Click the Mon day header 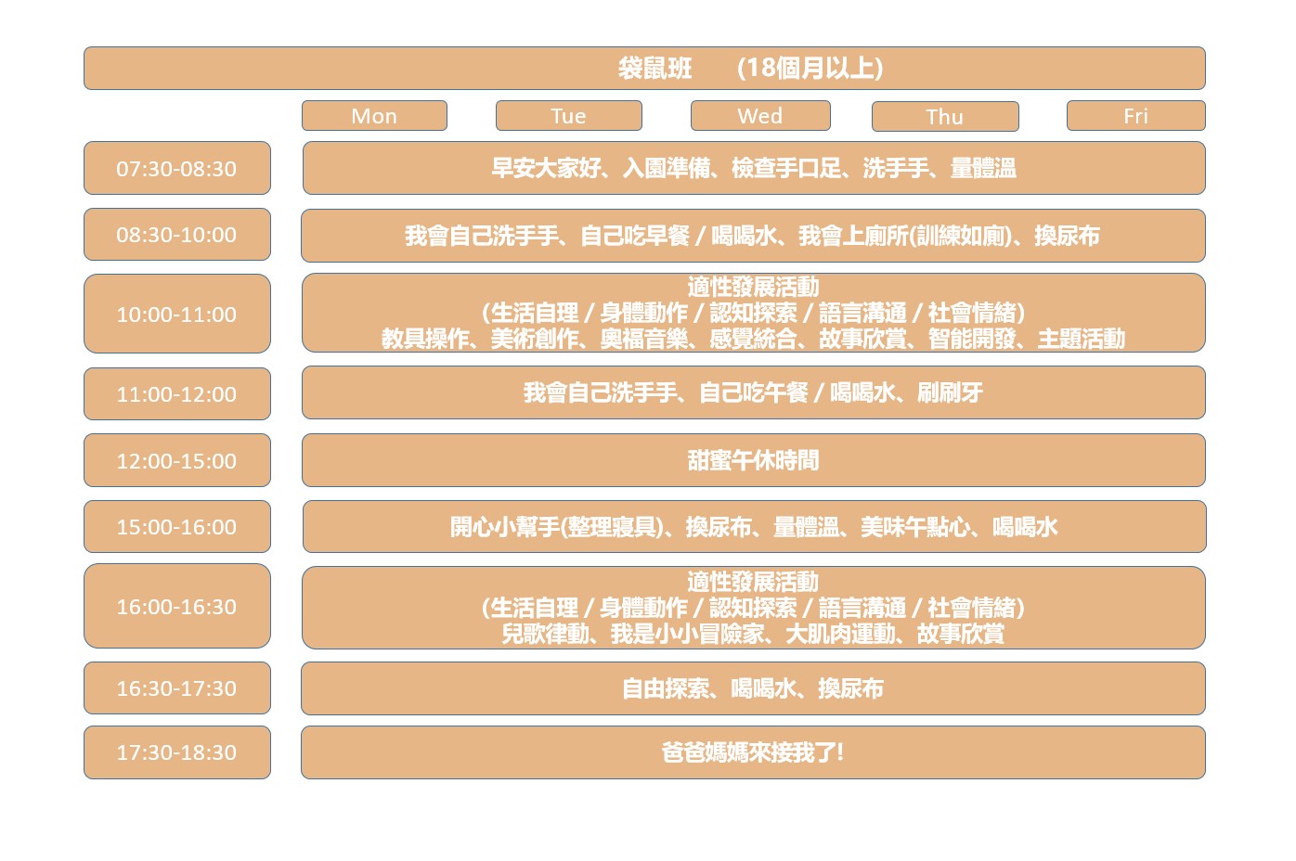coord(374,116)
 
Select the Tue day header coord(569,116)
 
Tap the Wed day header coord(760,116)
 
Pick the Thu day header coord(945,116)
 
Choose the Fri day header coord(1135,116)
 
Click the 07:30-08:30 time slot coord(177,168)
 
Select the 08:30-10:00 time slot coord(177,234)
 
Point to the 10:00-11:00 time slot coord(177,314)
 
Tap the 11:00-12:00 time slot coord(177,393)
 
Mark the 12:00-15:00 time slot coord(177,460)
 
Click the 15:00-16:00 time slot coord(177,526)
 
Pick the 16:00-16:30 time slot coord(177,606)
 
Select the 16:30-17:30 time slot coord(177,688)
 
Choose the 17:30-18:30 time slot coord(177,752)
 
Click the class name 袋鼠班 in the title coord(654,69)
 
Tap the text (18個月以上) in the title coord(810,69)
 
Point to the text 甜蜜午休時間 coord(753,460)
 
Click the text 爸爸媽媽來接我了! coord(753,752)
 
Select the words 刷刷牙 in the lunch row coord(950,393)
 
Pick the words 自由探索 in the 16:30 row coord(666,688)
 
